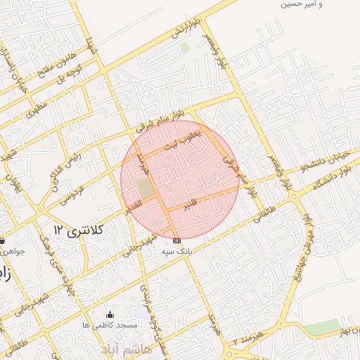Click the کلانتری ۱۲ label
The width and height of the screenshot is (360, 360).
pos(78,230)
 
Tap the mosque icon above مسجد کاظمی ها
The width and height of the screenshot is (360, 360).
pos(109,314)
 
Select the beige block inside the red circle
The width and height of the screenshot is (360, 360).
pos(145,188)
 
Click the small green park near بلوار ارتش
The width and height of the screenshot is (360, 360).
pos(185,47)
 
